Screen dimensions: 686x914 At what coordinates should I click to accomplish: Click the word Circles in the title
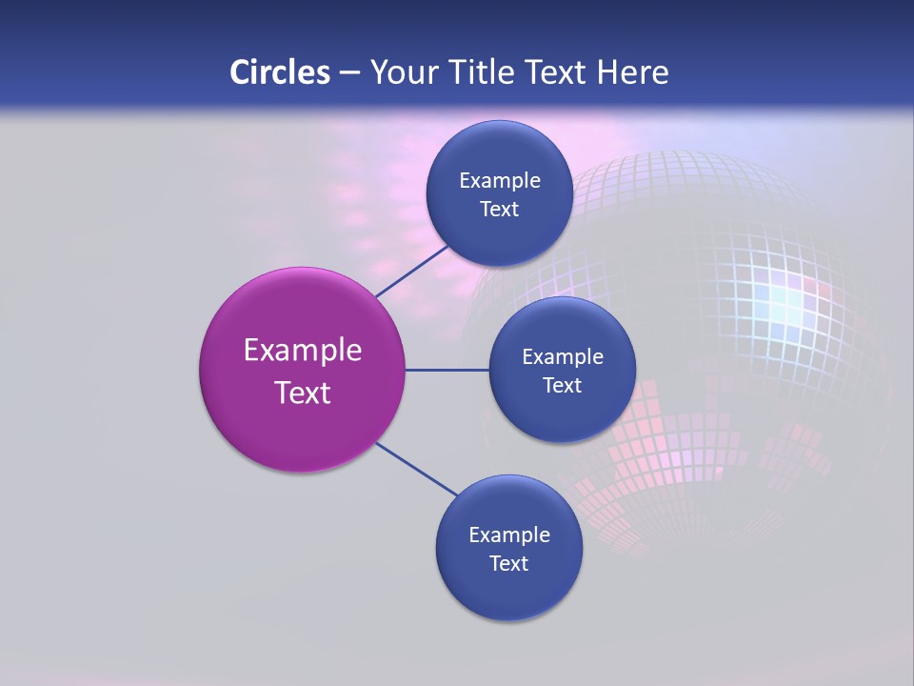tap(280, 72)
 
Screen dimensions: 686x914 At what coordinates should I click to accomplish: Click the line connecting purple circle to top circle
tap(412, 271)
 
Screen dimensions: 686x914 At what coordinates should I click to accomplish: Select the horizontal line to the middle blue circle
tap(447, 370)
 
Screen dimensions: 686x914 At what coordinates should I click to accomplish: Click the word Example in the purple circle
tap(302, 351)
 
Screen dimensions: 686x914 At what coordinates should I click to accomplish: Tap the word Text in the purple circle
tap(302, 393)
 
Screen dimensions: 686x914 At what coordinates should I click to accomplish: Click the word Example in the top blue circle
tap(499, 181)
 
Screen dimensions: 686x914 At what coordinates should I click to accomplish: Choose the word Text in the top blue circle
tap(499, 210)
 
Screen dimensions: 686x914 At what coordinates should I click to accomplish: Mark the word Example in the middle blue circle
tap(563, 357)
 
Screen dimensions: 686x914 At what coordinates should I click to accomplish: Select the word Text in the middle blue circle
tap(563, 386)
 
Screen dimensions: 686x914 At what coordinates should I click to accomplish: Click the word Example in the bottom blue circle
tap(508, 535)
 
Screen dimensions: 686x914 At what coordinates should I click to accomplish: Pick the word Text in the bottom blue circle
tap(508, 564)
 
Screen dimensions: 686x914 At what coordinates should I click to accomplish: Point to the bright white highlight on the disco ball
tap(786, 303)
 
